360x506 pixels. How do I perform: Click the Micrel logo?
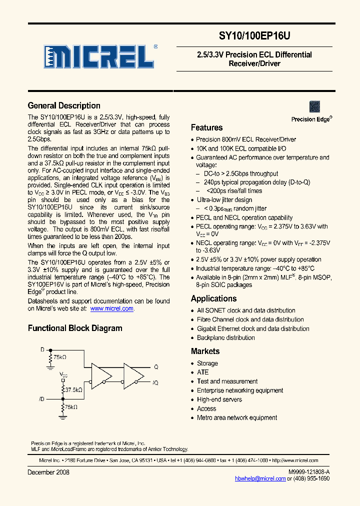click(99, 56)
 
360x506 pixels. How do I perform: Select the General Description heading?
click(64, 105)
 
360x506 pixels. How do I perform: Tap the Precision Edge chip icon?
click(314, 106)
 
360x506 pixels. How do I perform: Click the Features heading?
click(206, 127)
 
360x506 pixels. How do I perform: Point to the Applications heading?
click(213, 298)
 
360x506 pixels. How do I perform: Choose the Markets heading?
click(205, 351)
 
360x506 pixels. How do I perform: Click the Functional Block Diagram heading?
click(75, 328)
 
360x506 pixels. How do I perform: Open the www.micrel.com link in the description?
click(111, 308)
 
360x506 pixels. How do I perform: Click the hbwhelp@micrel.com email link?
click(260, 478)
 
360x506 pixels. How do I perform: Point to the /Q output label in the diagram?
click(155, 382)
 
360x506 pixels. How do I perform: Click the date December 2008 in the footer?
click(48, 472)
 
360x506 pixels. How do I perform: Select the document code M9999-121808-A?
click(309, 472)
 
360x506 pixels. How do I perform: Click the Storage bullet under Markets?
click(207, 363)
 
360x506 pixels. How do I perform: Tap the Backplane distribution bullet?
click(225, 337)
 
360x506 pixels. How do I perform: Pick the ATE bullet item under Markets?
click(202, 372)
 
